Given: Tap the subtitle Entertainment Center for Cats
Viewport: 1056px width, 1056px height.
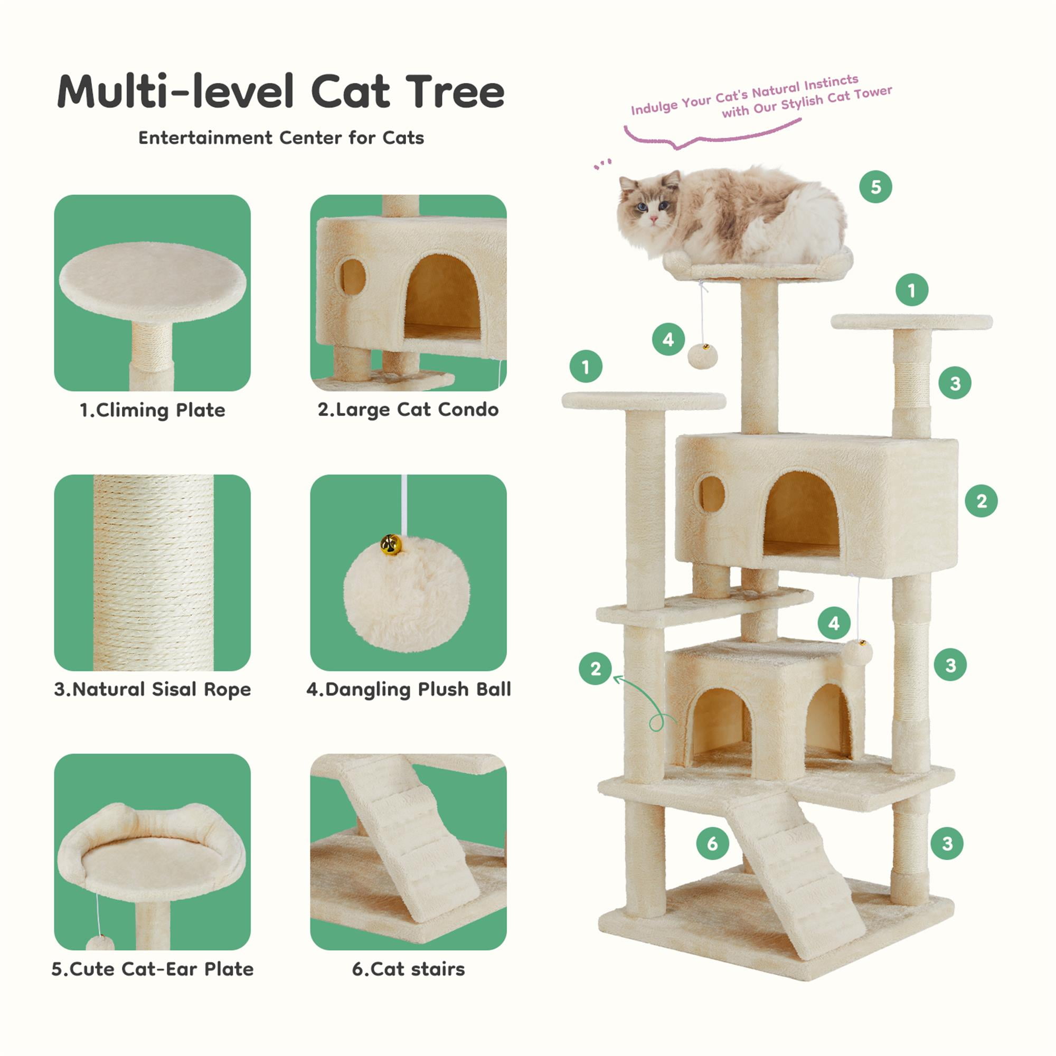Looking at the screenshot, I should [x=281, y=138].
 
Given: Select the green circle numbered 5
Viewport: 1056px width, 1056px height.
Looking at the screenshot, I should [x=875, y=187].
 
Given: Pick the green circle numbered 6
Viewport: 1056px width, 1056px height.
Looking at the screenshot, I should [x=712, y=843].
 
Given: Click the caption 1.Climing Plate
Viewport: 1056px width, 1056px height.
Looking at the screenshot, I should [x=153, y=410].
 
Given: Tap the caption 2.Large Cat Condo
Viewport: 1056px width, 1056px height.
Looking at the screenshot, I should [x=408, y=409].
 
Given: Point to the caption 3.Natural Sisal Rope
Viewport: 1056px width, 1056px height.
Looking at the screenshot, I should [x=153, y=689].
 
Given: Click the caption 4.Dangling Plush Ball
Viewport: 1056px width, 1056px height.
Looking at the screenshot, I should [x=408, y=689].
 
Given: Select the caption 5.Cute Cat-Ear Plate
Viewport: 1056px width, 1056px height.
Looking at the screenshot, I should [x=153, y=969].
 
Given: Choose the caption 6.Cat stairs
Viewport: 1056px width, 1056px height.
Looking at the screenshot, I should [x=408, y=969].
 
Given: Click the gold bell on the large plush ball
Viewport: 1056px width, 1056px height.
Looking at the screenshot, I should [x=391, y=544].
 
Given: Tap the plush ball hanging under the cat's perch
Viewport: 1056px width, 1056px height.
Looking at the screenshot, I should [x=702, y=356].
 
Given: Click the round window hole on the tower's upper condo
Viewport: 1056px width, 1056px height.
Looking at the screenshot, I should [x=711, y=494].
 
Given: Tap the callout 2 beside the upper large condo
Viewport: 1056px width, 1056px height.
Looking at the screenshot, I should [x=981, y=501].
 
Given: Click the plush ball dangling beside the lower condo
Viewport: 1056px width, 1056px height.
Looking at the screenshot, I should [x=856, y=653].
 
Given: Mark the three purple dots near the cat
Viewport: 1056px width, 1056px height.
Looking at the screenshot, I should [x=603, y=164].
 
